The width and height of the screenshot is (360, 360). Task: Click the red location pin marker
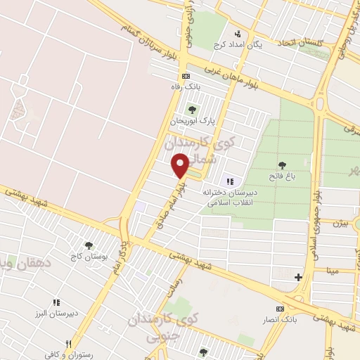pyautogui.click(x=181, y=165)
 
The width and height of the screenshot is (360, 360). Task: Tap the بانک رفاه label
pyautogui.click(x=186, y=86)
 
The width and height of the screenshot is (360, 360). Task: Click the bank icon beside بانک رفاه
pyautogui.click(x=186, y=76)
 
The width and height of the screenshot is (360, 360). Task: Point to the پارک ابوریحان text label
pyautogui.click(x=192, y=121)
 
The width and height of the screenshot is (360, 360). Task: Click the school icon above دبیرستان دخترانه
pyautogui.click(x=229, y=181)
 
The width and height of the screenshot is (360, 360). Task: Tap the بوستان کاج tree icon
pyautogui.click(x=89, y=245)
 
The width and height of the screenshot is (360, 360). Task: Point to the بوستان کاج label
pyautogui.click(x=89, y=257)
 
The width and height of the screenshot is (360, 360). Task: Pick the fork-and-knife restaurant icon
pyautogui.click(x=68, y=343)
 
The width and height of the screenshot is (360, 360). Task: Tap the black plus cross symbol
pyautogui.click(x=299, y=277)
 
